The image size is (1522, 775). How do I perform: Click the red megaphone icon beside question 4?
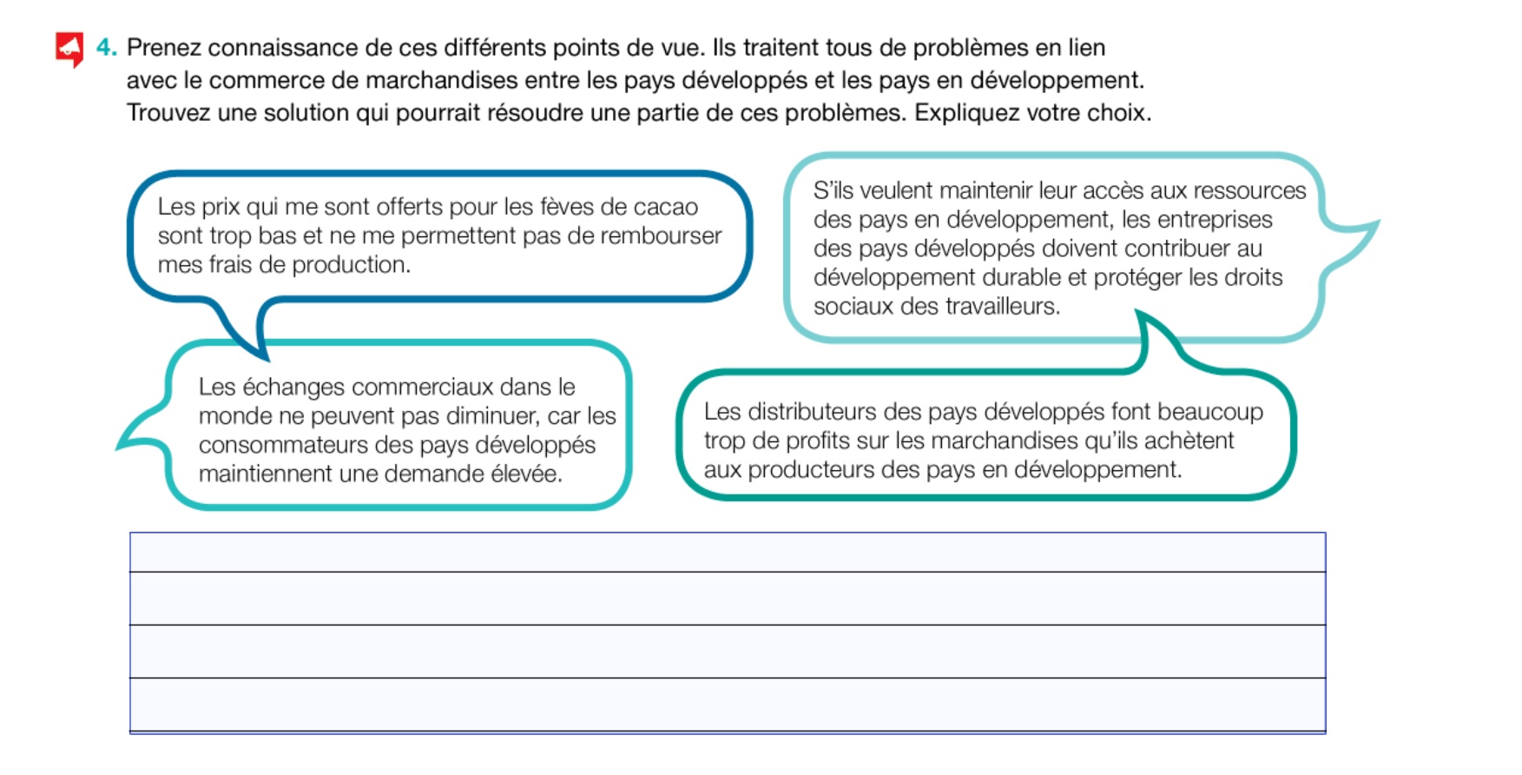click(x=69, y=48)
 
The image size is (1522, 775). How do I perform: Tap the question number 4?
click(x=105, y=48)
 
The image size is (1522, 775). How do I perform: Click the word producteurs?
click(x=811, y=470)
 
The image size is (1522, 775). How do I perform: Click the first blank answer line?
click(x=727, y=553)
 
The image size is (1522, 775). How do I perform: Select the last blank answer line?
click(x=727, y=705)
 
